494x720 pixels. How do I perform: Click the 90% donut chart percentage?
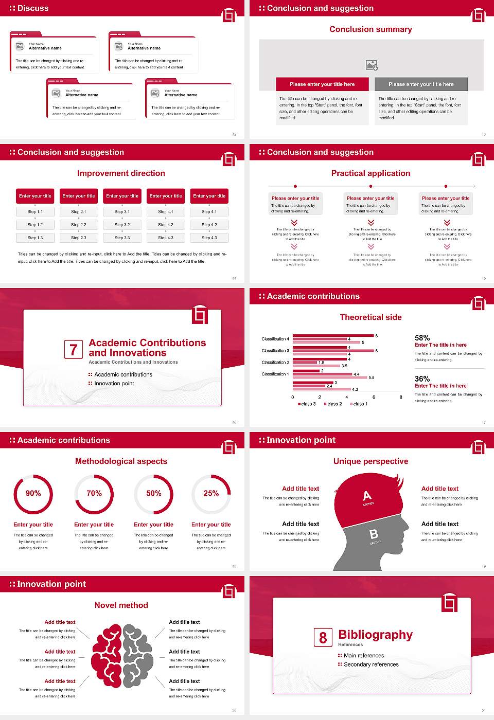(x=33, y=493)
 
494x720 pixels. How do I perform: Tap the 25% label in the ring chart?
(x=211, y=493)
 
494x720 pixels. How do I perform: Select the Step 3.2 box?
(x=122, y=225)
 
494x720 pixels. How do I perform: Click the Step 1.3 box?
(x=35, y=238)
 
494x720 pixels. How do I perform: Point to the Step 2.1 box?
(x=79, y=211)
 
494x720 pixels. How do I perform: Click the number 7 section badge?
(x=73, y=350)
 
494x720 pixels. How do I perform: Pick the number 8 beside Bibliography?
(x=323, y=638)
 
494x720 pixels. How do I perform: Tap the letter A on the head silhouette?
(x=367, y=496)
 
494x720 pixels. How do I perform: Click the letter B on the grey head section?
(x=374, y=534)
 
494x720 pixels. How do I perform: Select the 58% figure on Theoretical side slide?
(x=422, y=338)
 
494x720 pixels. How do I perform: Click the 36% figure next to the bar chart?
(x=422, y=379)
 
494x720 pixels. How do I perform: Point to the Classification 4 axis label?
(x=275, y=339)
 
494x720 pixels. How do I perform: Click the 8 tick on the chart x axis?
(x=401, y=397)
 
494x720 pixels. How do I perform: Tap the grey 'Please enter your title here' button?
(x=421, y=84)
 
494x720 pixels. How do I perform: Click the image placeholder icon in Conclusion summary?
(x=372, y=65)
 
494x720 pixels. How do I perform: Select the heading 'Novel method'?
(x=121, y=605)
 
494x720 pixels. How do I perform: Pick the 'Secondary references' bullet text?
(x=371, y=664)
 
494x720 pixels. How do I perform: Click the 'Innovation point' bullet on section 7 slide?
(x=114, y=383)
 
